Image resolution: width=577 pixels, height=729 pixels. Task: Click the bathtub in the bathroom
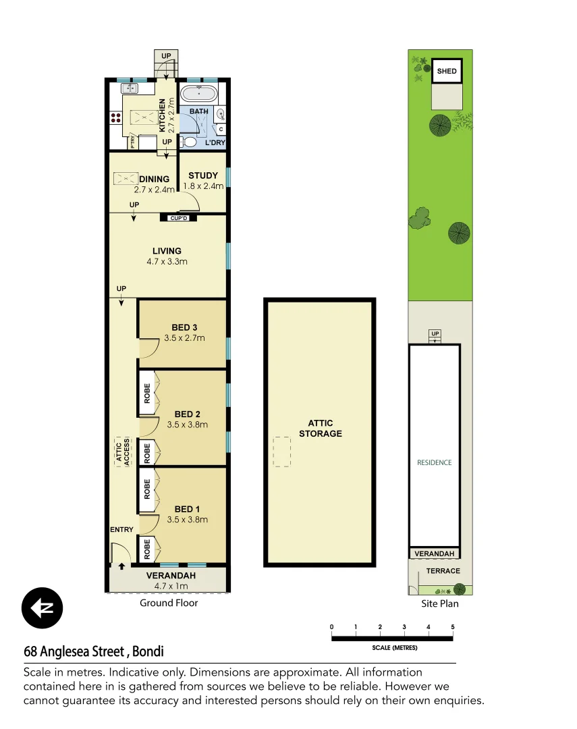click(x=200, y=93)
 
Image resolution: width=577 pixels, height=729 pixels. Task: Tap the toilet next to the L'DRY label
click(x=190, y=142)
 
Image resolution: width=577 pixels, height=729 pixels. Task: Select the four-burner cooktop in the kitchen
click(x=114, y=117)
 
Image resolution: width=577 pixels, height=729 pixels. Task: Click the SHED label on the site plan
click(x=447, y=72)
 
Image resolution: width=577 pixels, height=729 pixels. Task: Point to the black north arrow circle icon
click(x=42, y=608)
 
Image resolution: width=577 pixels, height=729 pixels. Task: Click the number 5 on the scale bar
click(x=453, y=627)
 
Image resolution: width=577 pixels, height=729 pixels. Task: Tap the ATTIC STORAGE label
click(x=320, y=429)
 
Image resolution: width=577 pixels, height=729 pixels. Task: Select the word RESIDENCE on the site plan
click(x=434, y=463)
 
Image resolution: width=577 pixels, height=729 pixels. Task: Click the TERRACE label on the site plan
click(x=443, y=571)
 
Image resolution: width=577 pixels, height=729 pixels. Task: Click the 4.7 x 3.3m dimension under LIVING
click(x=167, y=262)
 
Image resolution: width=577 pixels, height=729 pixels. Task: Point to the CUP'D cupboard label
click(x=178, y=218)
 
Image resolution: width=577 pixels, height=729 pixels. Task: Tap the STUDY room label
click(x=203, y=175)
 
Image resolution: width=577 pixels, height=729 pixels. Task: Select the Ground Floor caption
click(x=169, y=603)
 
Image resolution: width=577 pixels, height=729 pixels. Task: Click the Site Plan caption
click(x=439, y=603)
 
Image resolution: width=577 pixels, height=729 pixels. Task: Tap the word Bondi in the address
click(x=148, y=652)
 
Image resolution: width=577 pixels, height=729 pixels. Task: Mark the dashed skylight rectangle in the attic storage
click(x=281, y=452)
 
